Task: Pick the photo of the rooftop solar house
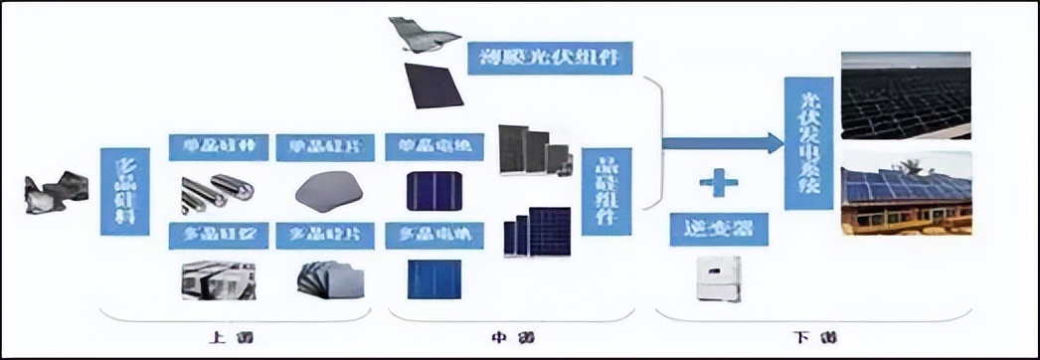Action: click(905, 193)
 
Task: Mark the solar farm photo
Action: click(905, 94)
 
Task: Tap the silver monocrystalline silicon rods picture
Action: click(216, 193)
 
